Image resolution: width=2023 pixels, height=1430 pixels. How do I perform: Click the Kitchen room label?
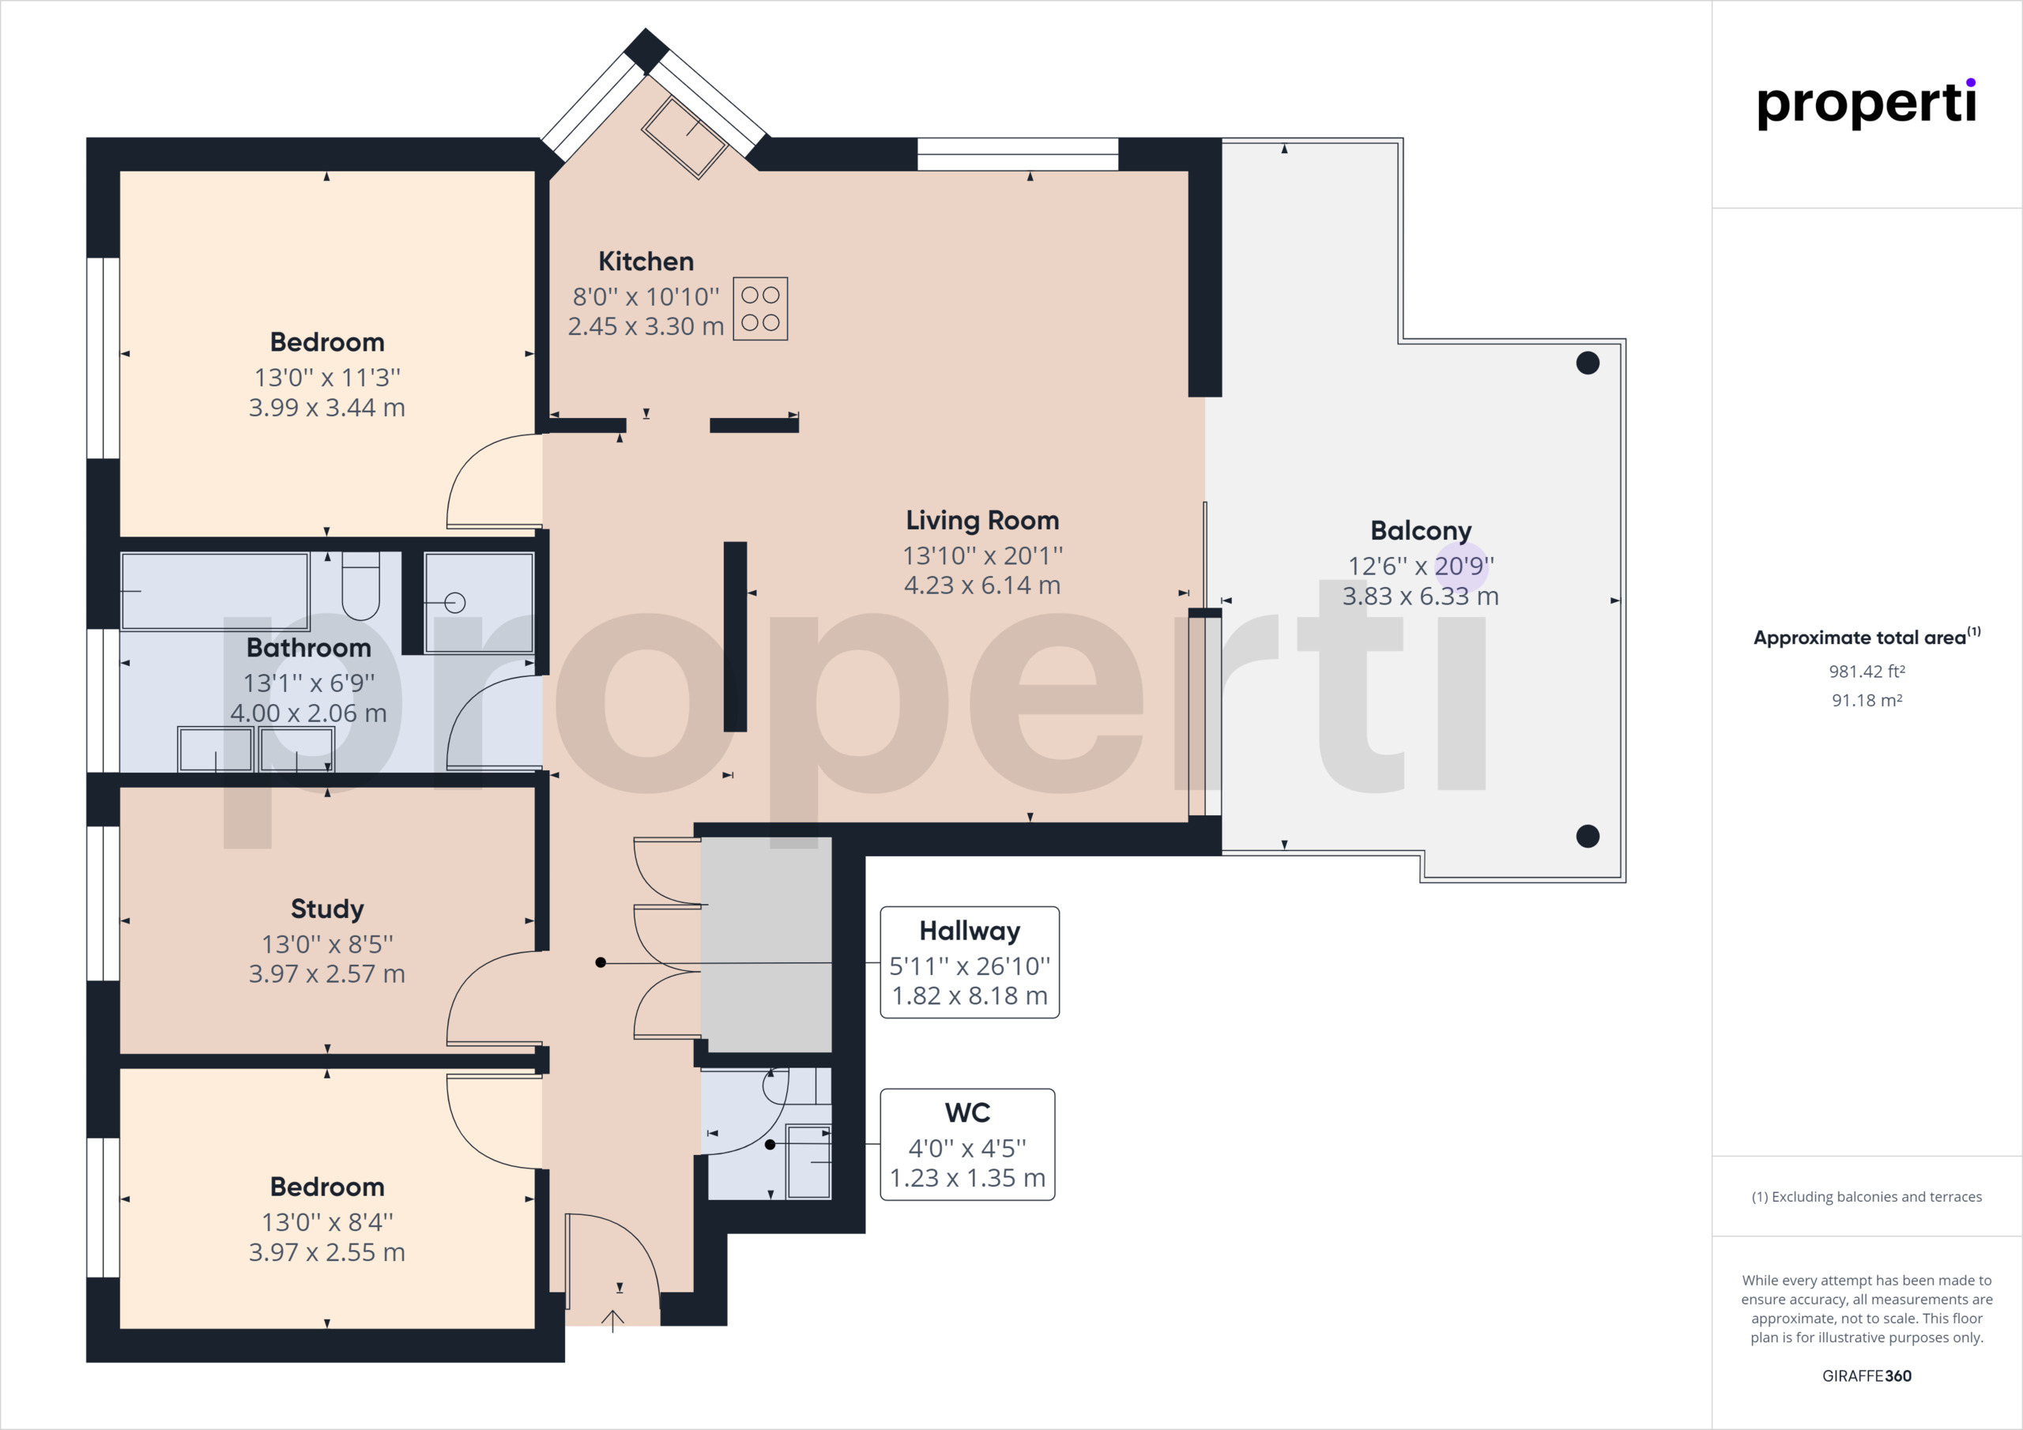646,262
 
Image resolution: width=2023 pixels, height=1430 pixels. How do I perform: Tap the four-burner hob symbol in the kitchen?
760,309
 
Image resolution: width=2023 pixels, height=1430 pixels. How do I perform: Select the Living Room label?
982,521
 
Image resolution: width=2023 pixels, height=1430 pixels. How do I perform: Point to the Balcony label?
1420,530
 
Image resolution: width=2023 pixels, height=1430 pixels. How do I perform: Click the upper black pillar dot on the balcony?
1588,362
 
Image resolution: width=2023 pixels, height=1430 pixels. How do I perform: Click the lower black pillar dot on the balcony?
1588,835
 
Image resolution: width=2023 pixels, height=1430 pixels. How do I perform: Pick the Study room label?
327,909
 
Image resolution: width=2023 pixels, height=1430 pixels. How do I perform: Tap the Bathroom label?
308,648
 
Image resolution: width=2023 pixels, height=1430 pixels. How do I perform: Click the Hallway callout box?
970,962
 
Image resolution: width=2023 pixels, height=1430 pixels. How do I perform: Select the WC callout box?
967,1145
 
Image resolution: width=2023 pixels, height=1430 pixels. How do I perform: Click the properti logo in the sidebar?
1867,104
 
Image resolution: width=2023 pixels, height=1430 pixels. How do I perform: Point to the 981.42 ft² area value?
1867,672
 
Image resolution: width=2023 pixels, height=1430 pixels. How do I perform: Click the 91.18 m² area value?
1867,701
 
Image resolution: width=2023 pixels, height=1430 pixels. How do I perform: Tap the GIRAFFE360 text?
1867,1376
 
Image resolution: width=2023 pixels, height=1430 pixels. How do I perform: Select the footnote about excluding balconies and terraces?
1867,1196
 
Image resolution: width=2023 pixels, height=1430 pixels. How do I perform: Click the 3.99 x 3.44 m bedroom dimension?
327,408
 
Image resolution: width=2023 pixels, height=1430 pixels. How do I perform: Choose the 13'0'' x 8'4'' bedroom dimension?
327,1222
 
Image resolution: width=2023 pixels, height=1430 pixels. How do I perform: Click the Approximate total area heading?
1867,636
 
